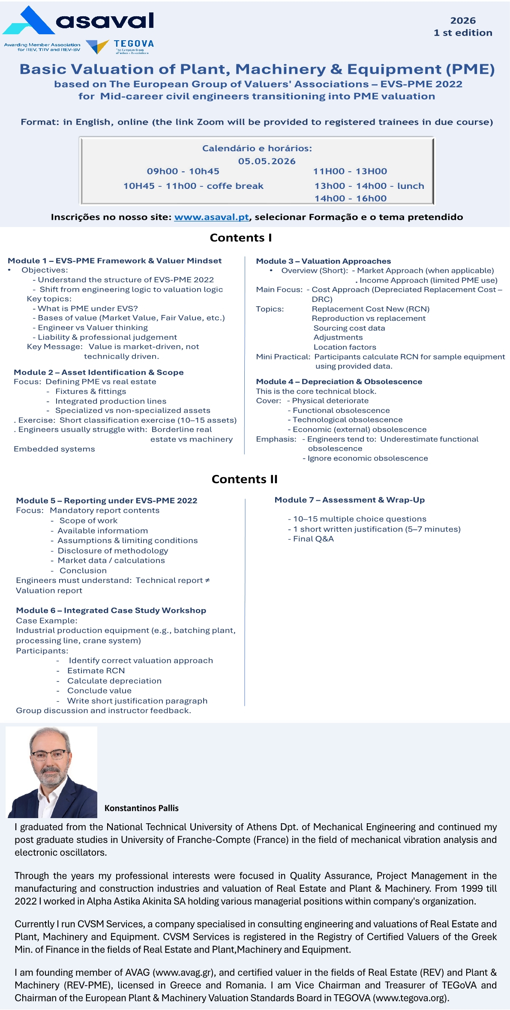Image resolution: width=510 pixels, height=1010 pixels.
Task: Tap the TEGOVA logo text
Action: click(134, 44)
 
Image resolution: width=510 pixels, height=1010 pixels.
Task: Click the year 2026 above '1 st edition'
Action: click(463, 21)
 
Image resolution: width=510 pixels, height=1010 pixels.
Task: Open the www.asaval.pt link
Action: click(211, 217)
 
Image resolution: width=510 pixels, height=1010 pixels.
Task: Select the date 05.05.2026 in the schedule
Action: click(267, 161)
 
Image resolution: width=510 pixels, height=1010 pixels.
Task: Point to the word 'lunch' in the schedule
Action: click(410, 186)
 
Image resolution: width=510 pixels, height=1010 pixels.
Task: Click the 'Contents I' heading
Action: click(240, 238)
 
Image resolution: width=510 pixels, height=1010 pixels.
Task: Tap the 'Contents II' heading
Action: click(244, 479)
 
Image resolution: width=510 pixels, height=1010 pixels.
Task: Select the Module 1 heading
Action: click(114, 261)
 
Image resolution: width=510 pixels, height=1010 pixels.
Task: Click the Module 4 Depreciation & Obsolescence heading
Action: click(339, 382)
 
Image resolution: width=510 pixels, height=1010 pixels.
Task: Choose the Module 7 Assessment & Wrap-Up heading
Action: click(349, 500)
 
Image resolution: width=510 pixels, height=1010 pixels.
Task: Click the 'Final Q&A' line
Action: click(313, 539)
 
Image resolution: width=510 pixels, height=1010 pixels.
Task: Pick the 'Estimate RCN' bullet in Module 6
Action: click(96, 671)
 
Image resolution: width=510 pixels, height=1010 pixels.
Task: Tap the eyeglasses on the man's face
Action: click(49, 754)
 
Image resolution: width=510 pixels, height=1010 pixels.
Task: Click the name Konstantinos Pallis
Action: click(141, 808)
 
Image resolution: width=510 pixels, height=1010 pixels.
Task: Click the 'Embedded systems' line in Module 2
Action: click(54, 449)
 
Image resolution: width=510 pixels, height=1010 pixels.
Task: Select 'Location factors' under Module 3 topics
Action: click(345, 347)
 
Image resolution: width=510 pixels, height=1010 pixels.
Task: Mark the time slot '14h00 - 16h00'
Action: click(350, 199)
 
